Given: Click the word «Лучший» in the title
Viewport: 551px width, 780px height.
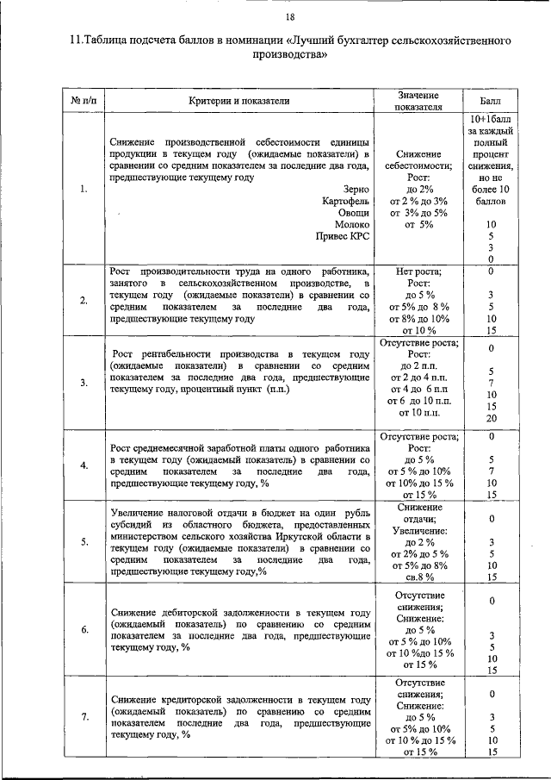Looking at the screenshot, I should [320, 41].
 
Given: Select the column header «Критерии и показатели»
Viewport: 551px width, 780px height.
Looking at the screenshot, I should [238, 101].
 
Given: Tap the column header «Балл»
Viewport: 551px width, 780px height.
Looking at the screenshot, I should [489, 101].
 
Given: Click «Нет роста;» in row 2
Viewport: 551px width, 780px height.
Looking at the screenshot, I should [418, 271].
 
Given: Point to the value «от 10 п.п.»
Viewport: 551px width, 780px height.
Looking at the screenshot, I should [418, 414].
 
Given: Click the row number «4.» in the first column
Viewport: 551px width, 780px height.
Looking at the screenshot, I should [84, 466].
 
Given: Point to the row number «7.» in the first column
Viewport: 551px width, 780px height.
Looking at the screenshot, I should [84, 717].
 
